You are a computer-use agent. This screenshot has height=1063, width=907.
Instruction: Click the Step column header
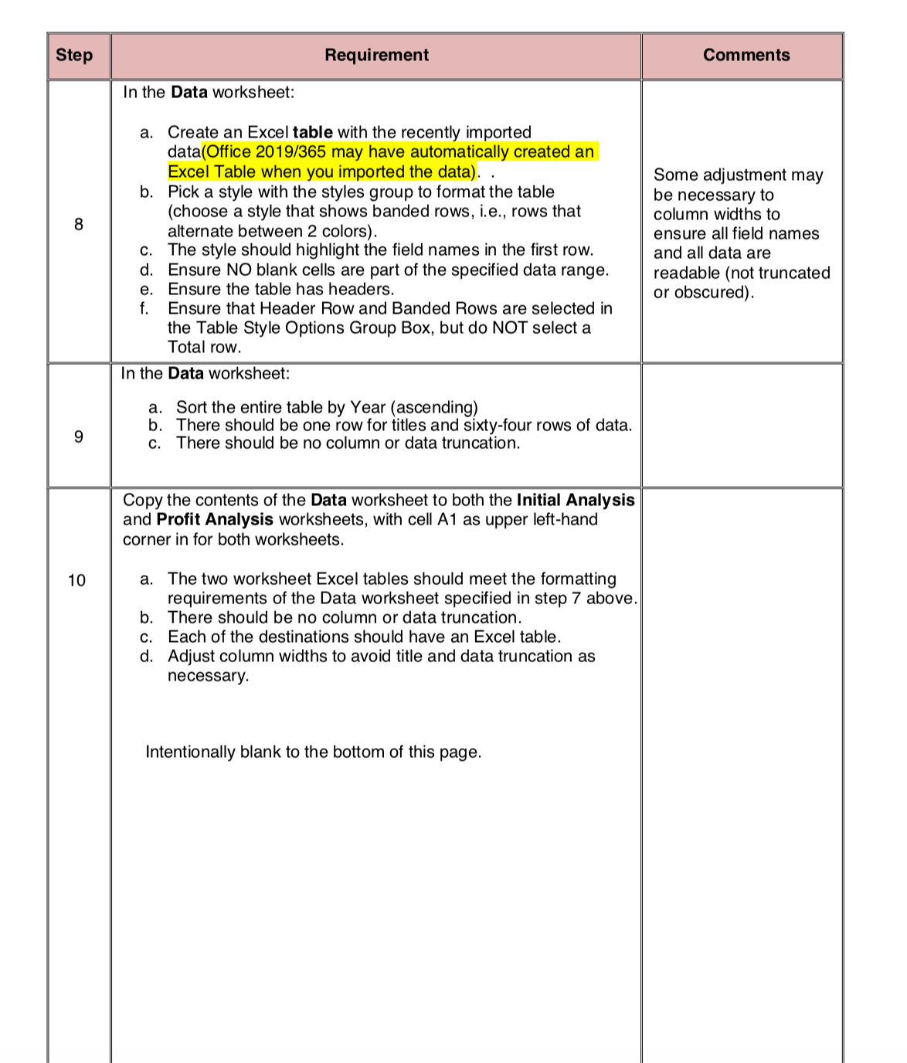(74, 56)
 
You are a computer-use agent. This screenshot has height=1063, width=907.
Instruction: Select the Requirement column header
(376, 56)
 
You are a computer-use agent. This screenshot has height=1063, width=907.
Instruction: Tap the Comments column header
(746, 56)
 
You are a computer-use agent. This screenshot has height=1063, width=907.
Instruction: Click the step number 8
(78, 225)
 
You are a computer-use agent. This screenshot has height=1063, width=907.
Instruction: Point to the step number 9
(78, 437)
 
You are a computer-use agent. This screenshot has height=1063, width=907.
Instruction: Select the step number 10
(77, 581)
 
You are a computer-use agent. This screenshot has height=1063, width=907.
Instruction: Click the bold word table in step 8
(312, 133)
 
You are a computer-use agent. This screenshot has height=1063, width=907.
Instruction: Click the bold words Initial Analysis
(576, 501)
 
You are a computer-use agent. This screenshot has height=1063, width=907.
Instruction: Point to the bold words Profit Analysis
(215, 520)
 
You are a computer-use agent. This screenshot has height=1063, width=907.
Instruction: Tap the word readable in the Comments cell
(686, 273)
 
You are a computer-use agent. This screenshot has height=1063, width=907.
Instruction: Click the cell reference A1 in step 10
(447, 520)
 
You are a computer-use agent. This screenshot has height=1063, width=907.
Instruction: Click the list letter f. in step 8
(144, 309)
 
